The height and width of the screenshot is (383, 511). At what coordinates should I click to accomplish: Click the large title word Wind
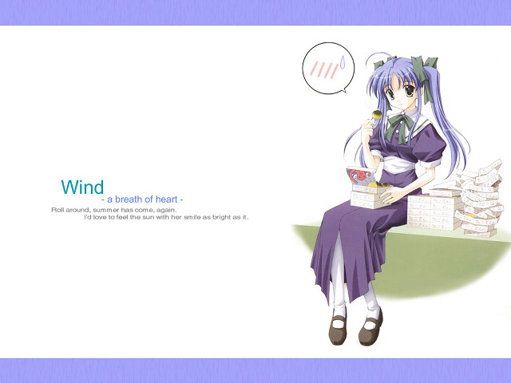click(82, 188)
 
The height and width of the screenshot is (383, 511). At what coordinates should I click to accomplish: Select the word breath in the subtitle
click(129, 199)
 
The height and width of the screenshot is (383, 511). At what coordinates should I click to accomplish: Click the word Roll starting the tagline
click(58, 209)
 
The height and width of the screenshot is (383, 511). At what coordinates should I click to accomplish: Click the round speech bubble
click(327, 69)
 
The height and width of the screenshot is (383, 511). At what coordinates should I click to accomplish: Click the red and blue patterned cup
click(358, 176)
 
